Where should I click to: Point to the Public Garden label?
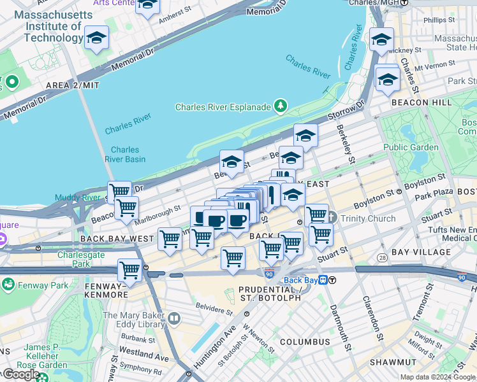click(x=411, y=147)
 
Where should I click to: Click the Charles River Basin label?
click(x=125, y=155)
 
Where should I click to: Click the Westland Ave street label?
click(x=143, y=351)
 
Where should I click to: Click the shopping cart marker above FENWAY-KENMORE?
click(x=129, y=269)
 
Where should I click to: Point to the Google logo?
click(x=20, y=374)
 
